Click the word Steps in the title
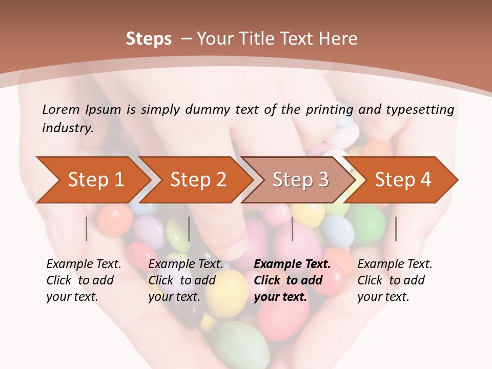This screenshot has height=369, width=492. (149, 38)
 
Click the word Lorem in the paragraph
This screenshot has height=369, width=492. (60, 109)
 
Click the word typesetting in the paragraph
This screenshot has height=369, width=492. (420, 109)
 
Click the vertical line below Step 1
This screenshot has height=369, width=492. (87, 229)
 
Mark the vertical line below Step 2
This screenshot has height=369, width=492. (189, 229)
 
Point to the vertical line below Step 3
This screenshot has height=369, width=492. (292, 229)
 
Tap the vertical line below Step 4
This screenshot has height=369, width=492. (396, 229)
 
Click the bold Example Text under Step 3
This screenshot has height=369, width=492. (292, 264)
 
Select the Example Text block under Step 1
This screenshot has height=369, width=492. (84, 280)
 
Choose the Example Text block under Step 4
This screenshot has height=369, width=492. (395, 280)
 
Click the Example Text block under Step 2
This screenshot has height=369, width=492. (186, 280)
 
